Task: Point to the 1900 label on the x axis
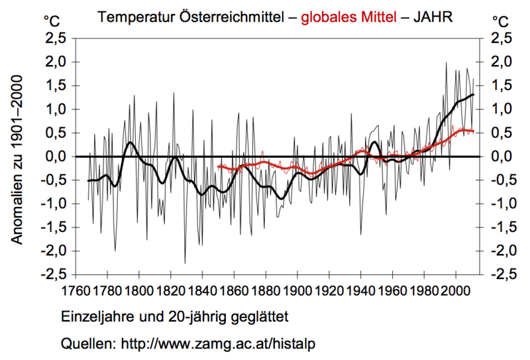[297, 290]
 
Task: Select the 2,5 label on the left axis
[55, 38]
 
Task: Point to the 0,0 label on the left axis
[55, 156]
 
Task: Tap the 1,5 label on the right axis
[501, 86]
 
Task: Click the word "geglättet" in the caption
[260, 314]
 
